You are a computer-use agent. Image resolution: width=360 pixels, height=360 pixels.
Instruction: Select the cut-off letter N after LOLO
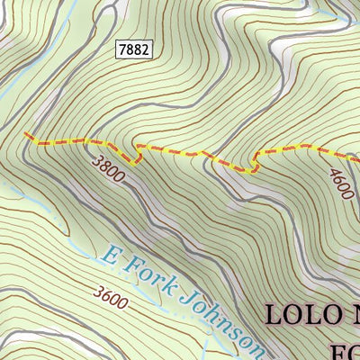352,316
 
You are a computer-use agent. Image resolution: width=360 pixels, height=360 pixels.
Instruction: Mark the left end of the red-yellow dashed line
24,136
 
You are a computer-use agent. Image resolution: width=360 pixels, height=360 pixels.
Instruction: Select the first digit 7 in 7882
121,50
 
